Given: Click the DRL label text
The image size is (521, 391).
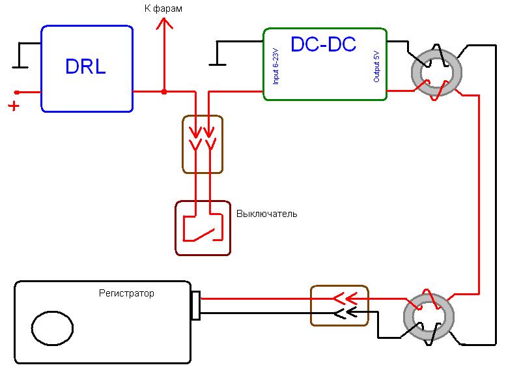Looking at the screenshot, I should click(x=85, y=67).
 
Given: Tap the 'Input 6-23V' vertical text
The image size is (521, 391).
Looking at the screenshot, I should click(x=276, y=66).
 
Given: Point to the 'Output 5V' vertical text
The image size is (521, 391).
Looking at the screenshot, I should click(x=376, y=66).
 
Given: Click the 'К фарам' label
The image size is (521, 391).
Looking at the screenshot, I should click(x=163, y=8).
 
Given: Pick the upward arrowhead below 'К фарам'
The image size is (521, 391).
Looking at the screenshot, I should click(x=163, y=24).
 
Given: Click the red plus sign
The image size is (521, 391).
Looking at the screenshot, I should click(x=13, y=106).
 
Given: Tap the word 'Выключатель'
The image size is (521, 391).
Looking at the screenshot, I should click(x=266, y=214).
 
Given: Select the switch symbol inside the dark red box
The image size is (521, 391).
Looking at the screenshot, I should click(x=203, y=228).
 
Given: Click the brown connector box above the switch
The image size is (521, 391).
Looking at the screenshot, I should click(x=203, y=145).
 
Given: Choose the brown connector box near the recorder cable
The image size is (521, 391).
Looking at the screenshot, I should click(x=339, y=306).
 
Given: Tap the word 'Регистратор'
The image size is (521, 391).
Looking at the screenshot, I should click(x=126, y=294).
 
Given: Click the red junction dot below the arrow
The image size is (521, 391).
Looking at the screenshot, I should click(x=163, y=92).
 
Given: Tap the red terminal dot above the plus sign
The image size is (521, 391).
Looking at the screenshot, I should click(x=17, y=93).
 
